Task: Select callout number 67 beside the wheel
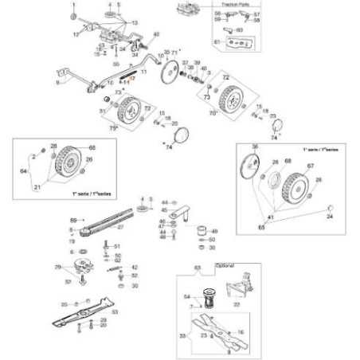(x=311, y=166)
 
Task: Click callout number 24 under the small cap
(x=330, y=217)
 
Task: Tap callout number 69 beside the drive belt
(x=73, y=219)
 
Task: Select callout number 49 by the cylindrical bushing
(x=214, y=231)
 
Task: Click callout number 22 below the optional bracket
(x=237, y=304)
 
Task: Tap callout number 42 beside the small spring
(x=135, y=268)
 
